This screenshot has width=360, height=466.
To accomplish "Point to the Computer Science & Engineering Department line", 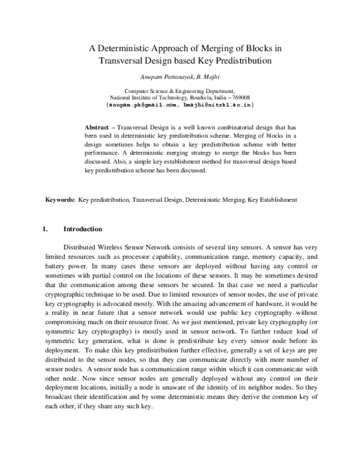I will click(x=180, y=90).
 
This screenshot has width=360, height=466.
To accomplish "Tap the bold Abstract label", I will click(x=97, y=128).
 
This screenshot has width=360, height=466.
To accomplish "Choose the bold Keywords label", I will click(x=61, y=199).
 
